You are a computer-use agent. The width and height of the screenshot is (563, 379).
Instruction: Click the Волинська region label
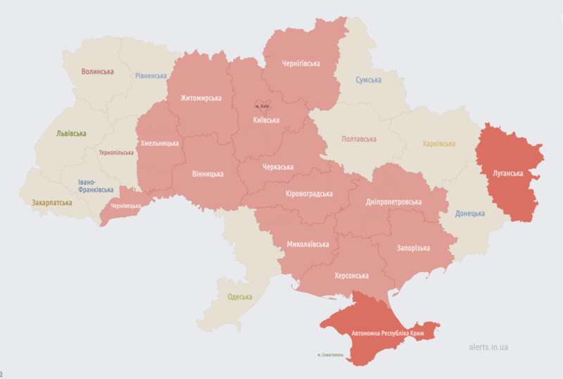[97, 72]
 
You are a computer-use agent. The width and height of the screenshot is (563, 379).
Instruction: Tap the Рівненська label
[151, 76]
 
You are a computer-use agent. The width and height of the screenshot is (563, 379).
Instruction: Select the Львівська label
[71, 133]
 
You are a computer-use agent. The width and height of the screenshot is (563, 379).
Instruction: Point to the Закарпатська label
[51, 202]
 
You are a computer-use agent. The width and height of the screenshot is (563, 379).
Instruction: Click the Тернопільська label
[116, 152]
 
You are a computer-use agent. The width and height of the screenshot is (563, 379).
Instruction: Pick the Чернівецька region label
[122, 206]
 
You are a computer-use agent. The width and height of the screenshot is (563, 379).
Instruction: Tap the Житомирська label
[201, 98]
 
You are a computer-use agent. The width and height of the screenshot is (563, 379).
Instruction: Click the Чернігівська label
[301, 63]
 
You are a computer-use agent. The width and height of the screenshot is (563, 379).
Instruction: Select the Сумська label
[368, 80]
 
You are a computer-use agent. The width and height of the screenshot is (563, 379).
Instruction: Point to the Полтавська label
[358, 139]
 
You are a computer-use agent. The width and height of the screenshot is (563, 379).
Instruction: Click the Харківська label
[438, 144]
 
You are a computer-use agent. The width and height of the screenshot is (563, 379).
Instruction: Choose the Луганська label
[507, 173]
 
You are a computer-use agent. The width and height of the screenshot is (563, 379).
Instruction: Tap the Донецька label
[469, 213]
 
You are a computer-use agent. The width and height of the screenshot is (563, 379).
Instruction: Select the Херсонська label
[351, 275]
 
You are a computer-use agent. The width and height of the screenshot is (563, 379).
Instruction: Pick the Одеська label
[239, 297]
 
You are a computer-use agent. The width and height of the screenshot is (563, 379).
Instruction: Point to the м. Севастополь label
[325, 355]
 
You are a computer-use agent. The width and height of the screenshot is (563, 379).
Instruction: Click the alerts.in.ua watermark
[488, 347]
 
